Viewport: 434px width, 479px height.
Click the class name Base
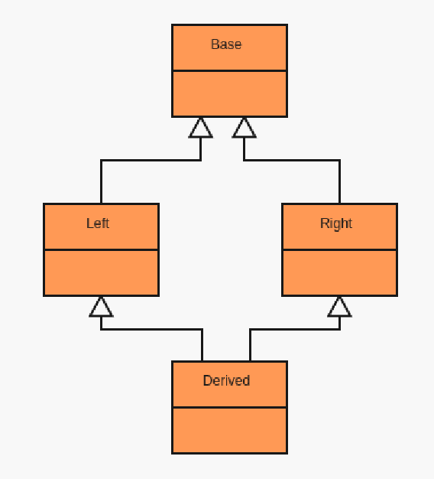226,44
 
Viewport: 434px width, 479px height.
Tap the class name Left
98,223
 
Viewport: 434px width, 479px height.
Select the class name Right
336,223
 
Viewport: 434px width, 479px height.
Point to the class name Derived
226,380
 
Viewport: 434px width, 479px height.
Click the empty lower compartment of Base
229,94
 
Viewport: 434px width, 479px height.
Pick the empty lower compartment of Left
102,273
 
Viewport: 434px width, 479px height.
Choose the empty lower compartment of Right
339,273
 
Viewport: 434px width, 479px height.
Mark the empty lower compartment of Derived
229,431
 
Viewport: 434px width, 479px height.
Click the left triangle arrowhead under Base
200,128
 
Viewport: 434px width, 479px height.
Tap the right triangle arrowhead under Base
244,128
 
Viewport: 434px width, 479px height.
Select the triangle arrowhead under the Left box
101,307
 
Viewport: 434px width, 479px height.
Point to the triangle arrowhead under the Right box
339,307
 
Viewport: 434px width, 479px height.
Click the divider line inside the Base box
229,71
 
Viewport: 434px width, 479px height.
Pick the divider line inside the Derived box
229,407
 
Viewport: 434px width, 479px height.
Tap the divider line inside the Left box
102,250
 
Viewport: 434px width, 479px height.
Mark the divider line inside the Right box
339,250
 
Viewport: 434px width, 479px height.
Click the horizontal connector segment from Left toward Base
151,160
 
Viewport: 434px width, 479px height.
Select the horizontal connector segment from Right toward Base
292,160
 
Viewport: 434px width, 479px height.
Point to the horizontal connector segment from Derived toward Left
151,329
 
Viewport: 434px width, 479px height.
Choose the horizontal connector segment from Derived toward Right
295,329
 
